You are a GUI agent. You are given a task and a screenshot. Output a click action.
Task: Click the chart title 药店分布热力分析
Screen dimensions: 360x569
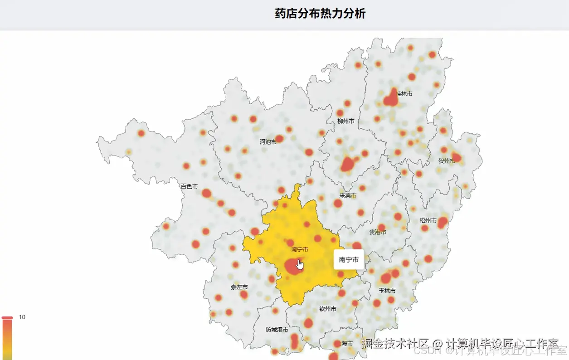(320, 14)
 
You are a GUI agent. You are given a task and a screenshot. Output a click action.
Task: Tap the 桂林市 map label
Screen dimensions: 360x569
(405, 93)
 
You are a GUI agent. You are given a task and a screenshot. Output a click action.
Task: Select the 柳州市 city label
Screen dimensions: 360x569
(345, 121)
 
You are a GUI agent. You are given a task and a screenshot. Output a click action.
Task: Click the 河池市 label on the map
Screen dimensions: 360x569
(268, 142)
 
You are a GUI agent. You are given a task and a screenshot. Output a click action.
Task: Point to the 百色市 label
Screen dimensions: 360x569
(189, 186)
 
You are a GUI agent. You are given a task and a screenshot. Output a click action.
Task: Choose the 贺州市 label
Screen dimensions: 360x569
(446, 161)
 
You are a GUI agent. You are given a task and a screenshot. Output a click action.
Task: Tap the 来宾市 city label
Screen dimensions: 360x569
(348, 195)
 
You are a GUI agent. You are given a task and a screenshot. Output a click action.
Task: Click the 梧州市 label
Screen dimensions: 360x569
(428, 220)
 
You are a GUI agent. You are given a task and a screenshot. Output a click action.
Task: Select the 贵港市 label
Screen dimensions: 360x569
(378, 232)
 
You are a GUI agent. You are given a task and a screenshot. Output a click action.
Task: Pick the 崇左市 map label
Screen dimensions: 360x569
(239, 287)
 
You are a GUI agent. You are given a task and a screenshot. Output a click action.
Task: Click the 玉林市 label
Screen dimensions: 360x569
(387, 291)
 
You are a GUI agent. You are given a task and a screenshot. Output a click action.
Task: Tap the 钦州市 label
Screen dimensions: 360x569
(328, 309)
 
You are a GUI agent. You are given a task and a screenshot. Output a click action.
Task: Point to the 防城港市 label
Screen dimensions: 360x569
(277, 330)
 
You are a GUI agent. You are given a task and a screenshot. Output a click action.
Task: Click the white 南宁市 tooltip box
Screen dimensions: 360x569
(349, 260)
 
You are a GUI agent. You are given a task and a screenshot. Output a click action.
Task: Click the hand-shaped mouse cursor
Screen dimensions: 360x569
(300, 264)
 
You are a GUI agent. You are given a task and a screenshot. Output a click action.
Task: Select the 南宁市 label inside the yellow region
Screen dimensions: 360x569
(300, 249)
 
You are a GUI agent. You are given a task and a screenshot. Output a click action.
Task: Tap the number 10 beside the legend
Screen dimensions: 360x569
(22, 317)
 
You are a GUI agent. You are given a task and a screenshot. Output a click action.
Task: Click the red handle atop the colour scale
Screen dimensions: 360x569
(7, 318)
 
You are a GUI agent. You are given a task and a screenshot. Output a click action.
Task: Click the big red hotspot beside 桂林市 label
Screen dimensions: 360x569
(390, 99)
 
